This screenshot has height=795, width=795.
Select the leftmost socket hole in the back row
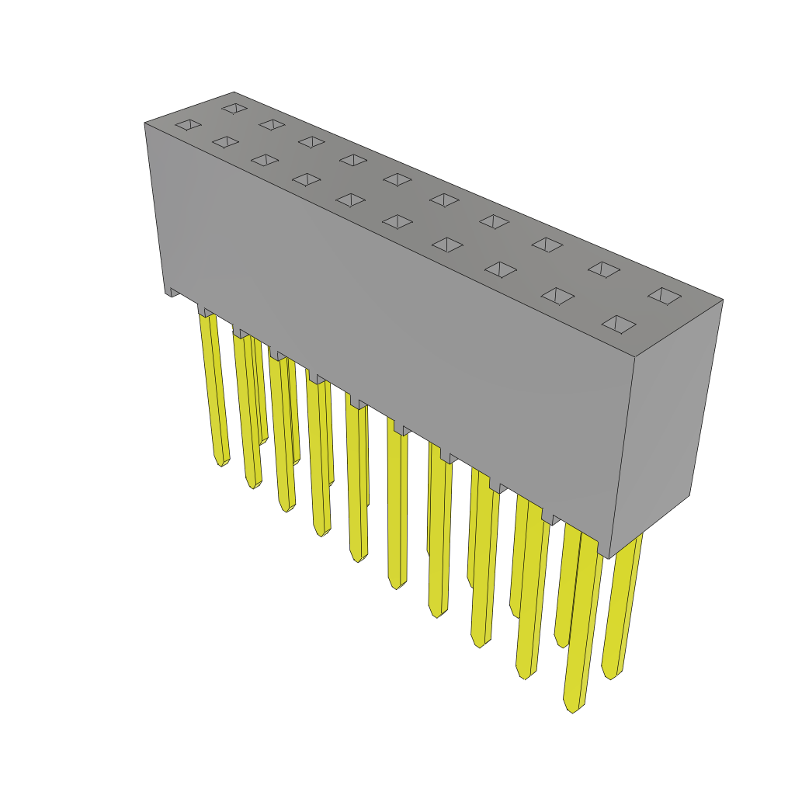coord(234,108)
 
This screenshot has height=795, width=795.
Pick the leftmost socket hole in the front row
coord(188,124)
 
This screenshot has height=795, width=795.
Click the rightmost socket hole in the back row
coord(665,296)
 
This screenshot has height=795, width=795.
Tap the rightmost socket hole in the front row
coord(619,324)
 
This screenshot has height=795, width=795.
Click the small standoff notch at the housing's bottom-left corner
coord(172,293)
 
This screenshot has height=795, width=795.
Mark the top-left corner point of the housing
coord(145,123)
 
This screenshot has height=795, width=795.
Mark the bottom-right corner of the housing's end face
coord(689,495)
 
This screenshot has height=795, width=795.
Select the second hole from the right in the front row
coord(557,296)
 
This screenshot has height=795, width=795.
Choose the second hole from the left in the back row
coord(272,124)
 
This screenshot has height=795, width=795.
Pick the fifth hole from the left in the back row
coord(397,179)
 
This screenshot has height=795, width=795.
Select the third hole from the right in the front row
coord(501,269)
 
